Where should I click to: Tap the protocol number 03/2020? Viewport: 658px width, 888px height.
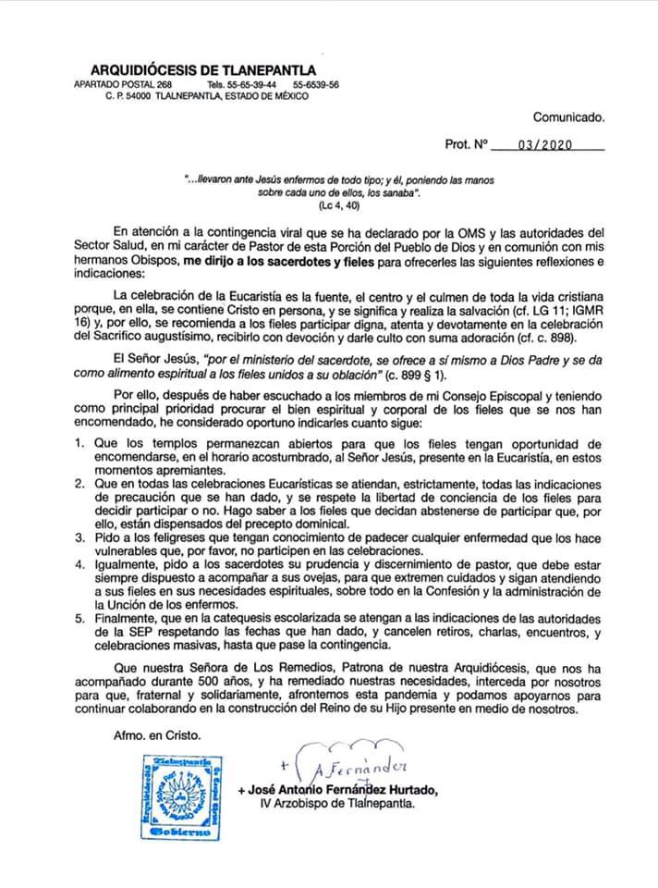(x=546, y=146)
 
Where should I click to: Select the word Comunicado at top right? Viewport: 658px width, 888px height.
(x=569, y=117)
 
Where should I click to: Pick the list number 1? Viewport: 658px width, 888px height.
(x=81, y=443)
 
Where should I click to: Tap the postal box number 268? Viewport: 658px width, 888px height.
(x=160, y=85)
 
